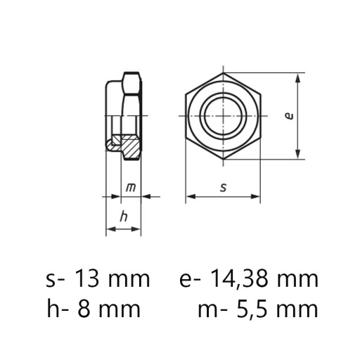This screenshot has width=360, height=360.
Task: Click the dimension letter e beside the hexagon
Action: pyautogui.click(x=290, y=116)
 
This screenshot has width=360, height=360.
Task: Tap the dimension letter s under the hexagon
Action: pyautogui.click(x=224, y=188)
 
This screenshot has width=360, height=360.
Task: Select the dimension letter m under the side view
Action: pyautogui.click(x=131, y=188)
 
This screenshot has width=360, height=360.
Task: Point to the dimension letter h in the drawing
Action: pyautogui.click(x=124, y=216)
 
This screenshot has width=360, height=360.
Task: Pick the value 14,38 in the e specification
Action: pyautogui.click(x=238, y=279)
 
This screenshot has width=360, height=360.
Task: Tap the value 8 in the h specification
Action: pyautogui.click(x=83, y=309)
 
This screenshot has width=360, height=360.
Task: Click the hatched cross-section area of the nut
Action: pyautogui.click(x=131, y=146)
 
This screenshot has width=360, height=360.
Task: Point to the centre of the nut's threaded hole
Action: pyautogui.click(x=224, y=116)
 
